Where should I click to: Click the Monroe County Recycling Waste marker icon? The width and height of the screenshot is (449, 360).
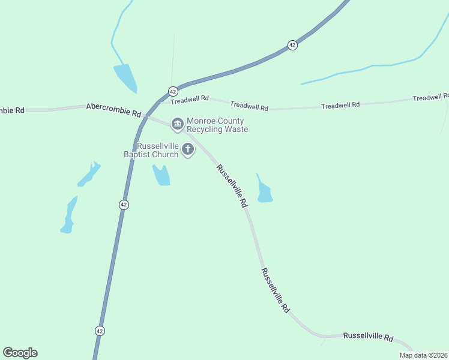[x=177, y=124]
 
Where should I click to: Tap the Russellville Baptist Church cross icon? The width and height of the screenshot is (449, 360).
[x=188, y=149]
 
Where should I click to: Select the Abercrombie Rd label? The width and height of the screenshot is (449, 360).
[x=113, y=109]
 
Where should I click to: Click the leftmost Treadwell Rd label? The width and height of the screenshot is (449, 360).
[x=189, y=98]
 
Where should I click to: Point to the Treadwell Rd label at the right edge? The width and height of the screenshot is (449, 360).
[x=430, y=97]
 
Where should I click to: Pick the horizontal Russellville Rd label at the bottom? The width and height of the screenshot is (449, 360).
[x=368, y=337]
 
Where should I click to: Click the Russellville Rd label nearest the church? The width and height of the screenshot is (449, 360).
[x=232, y=186]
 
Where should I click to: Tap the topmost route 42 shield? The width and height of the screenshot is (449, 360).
[x=292, y=45]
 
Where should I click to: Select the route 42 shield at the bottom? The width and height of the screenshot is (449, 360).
[x=100, y=331]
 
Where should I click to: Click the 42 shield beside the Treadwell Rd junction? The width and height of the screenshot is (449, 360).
[x=173, y=91]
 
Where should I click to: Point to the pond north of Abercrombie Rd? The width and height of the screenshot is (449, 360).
[x=126, y=77]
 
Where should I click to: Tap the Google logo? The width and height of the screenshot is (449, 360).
[x=20, y=353]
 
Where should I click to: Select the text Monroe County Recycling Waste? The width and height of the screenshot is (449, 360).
[x=217, y=125]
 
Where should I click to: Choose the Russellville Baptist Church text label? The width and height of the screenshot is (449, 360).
[x=158, y=150]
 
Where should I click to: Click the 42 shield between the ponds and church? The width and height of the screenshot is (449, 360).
[x=124, y=205]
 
